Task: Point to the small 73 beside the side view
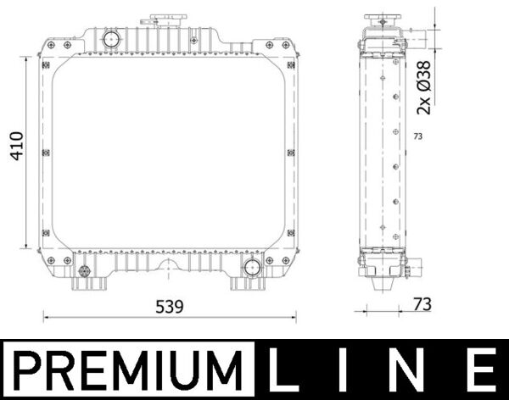point(417,136)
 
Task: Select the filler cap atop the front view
point(160,19)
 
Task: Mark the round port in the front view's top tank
point(109,37)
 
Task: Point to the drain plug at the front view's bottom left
point(84,271)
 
